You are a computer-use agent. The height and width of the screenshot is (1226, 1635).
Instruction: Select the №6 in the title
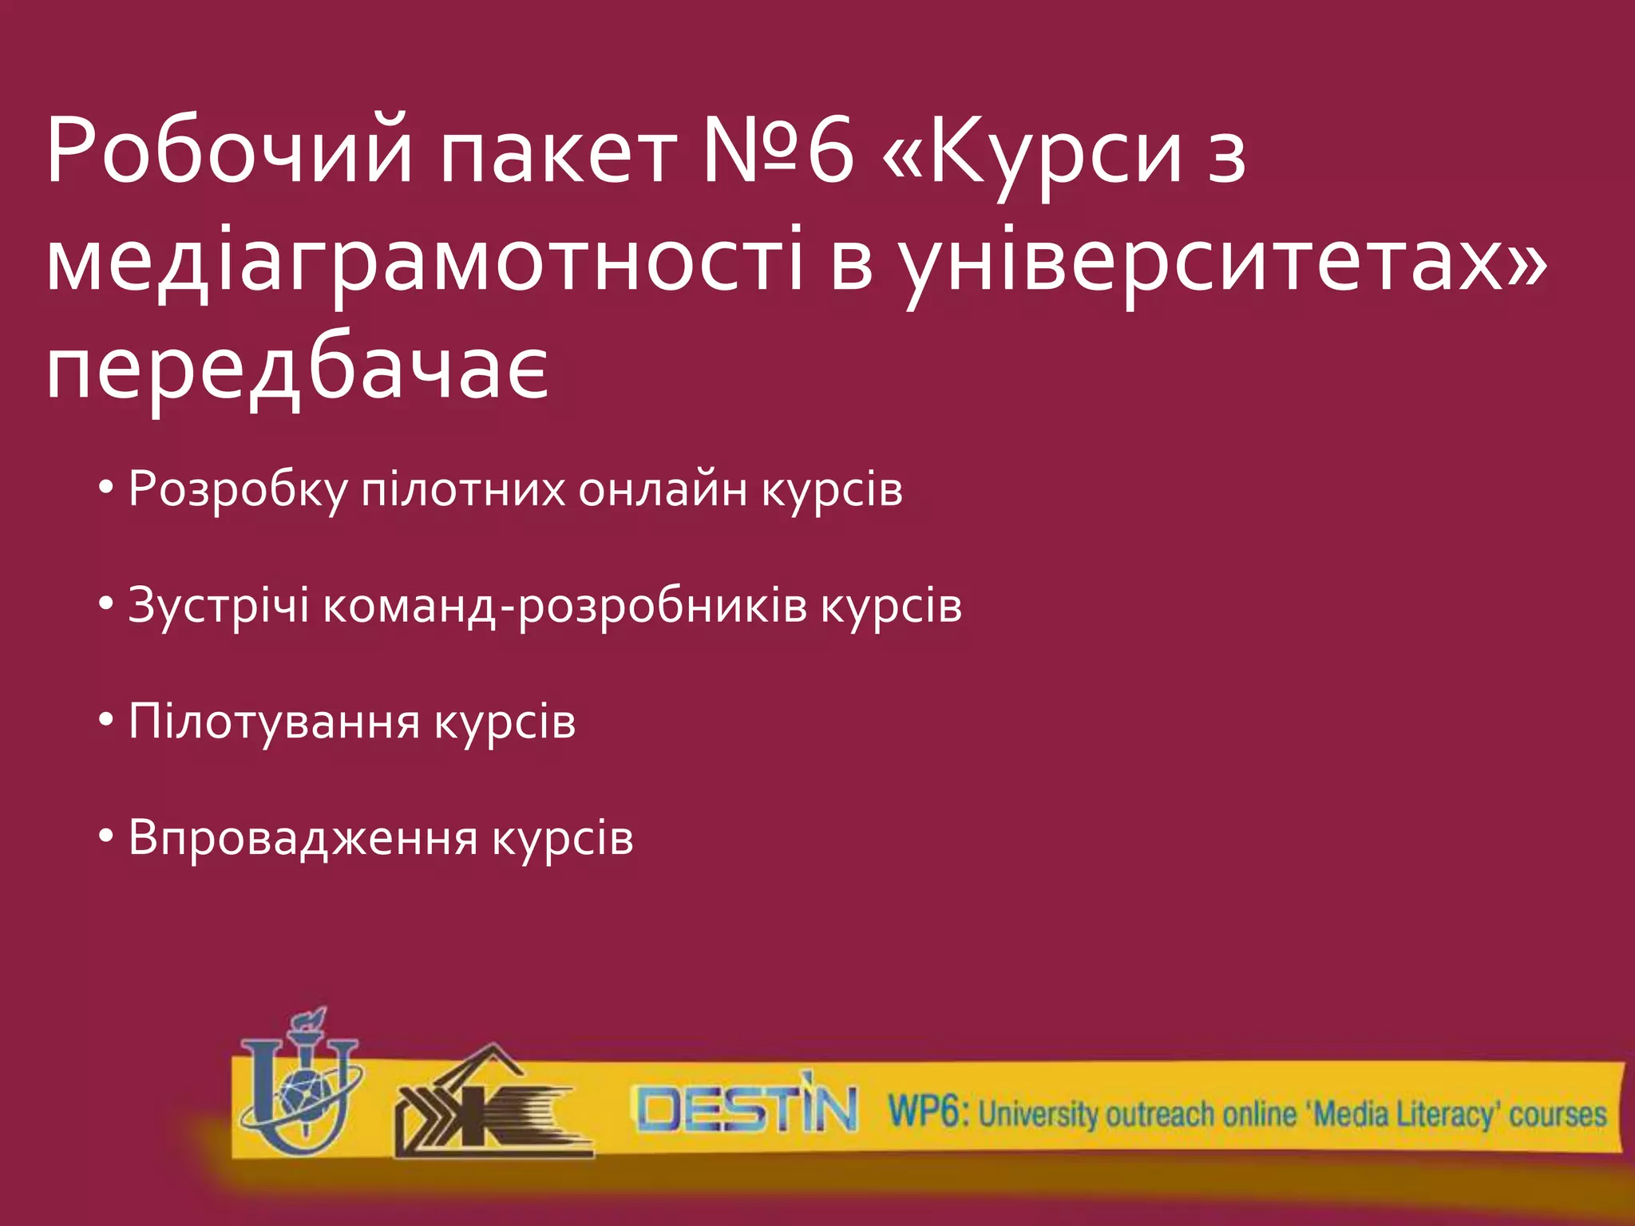click(778, 152)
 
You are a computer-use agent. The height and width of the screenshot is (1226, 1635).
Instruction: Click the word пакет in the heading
click(559, 152)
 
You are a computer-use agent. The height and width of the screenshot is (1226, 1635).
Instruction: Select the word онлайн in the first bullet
click(663, 488)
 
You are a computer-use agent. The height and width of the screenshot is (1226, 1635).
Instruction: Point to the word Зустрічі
click(218, 605)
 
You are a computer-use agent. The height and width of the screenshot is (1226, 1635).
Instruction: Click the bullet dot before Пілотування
click(106, 721)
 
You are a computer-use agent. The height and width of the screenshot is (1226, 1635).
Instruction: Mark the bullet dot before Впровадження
click(106, 837)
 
